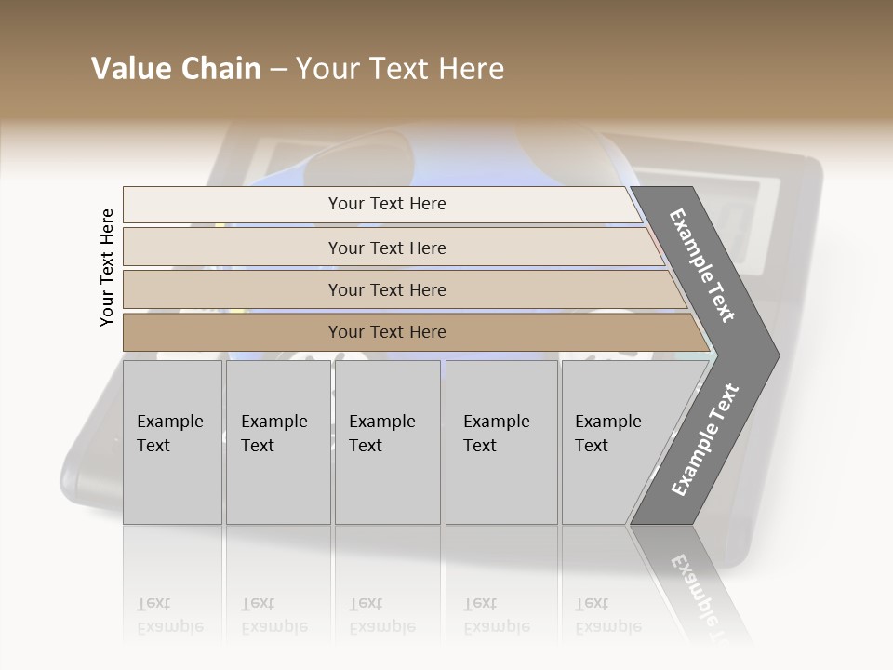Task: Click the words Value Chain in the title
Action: tap(176, 69)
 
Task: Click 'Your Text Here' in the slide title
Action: tap(400, 69)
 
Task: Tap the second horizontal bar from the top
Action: tap(387, 248)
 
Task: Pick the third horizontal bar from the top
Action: tap(387, 289)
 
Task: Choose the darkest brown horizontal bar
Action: tap(387, 332)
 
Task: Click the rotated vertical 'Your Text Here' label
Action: tap(107, 267)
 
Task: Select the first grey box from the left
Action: tap(172, 442)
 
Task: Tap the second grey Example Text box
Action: tap(277, 442)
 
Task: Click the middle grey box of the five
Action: tap(387, 442)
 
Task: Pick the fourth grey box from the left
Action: tap(501, 442)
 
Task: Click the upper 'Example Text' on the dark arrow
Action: tap(702, 265)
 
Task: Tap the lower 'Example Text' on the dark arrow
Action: tap(705, 440)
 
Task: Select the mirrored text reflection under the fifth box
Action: tap(607, 615)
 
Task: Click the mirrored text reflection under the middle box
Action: tap(381, 615)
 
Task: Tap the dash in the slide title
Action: tap(278, 70)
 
